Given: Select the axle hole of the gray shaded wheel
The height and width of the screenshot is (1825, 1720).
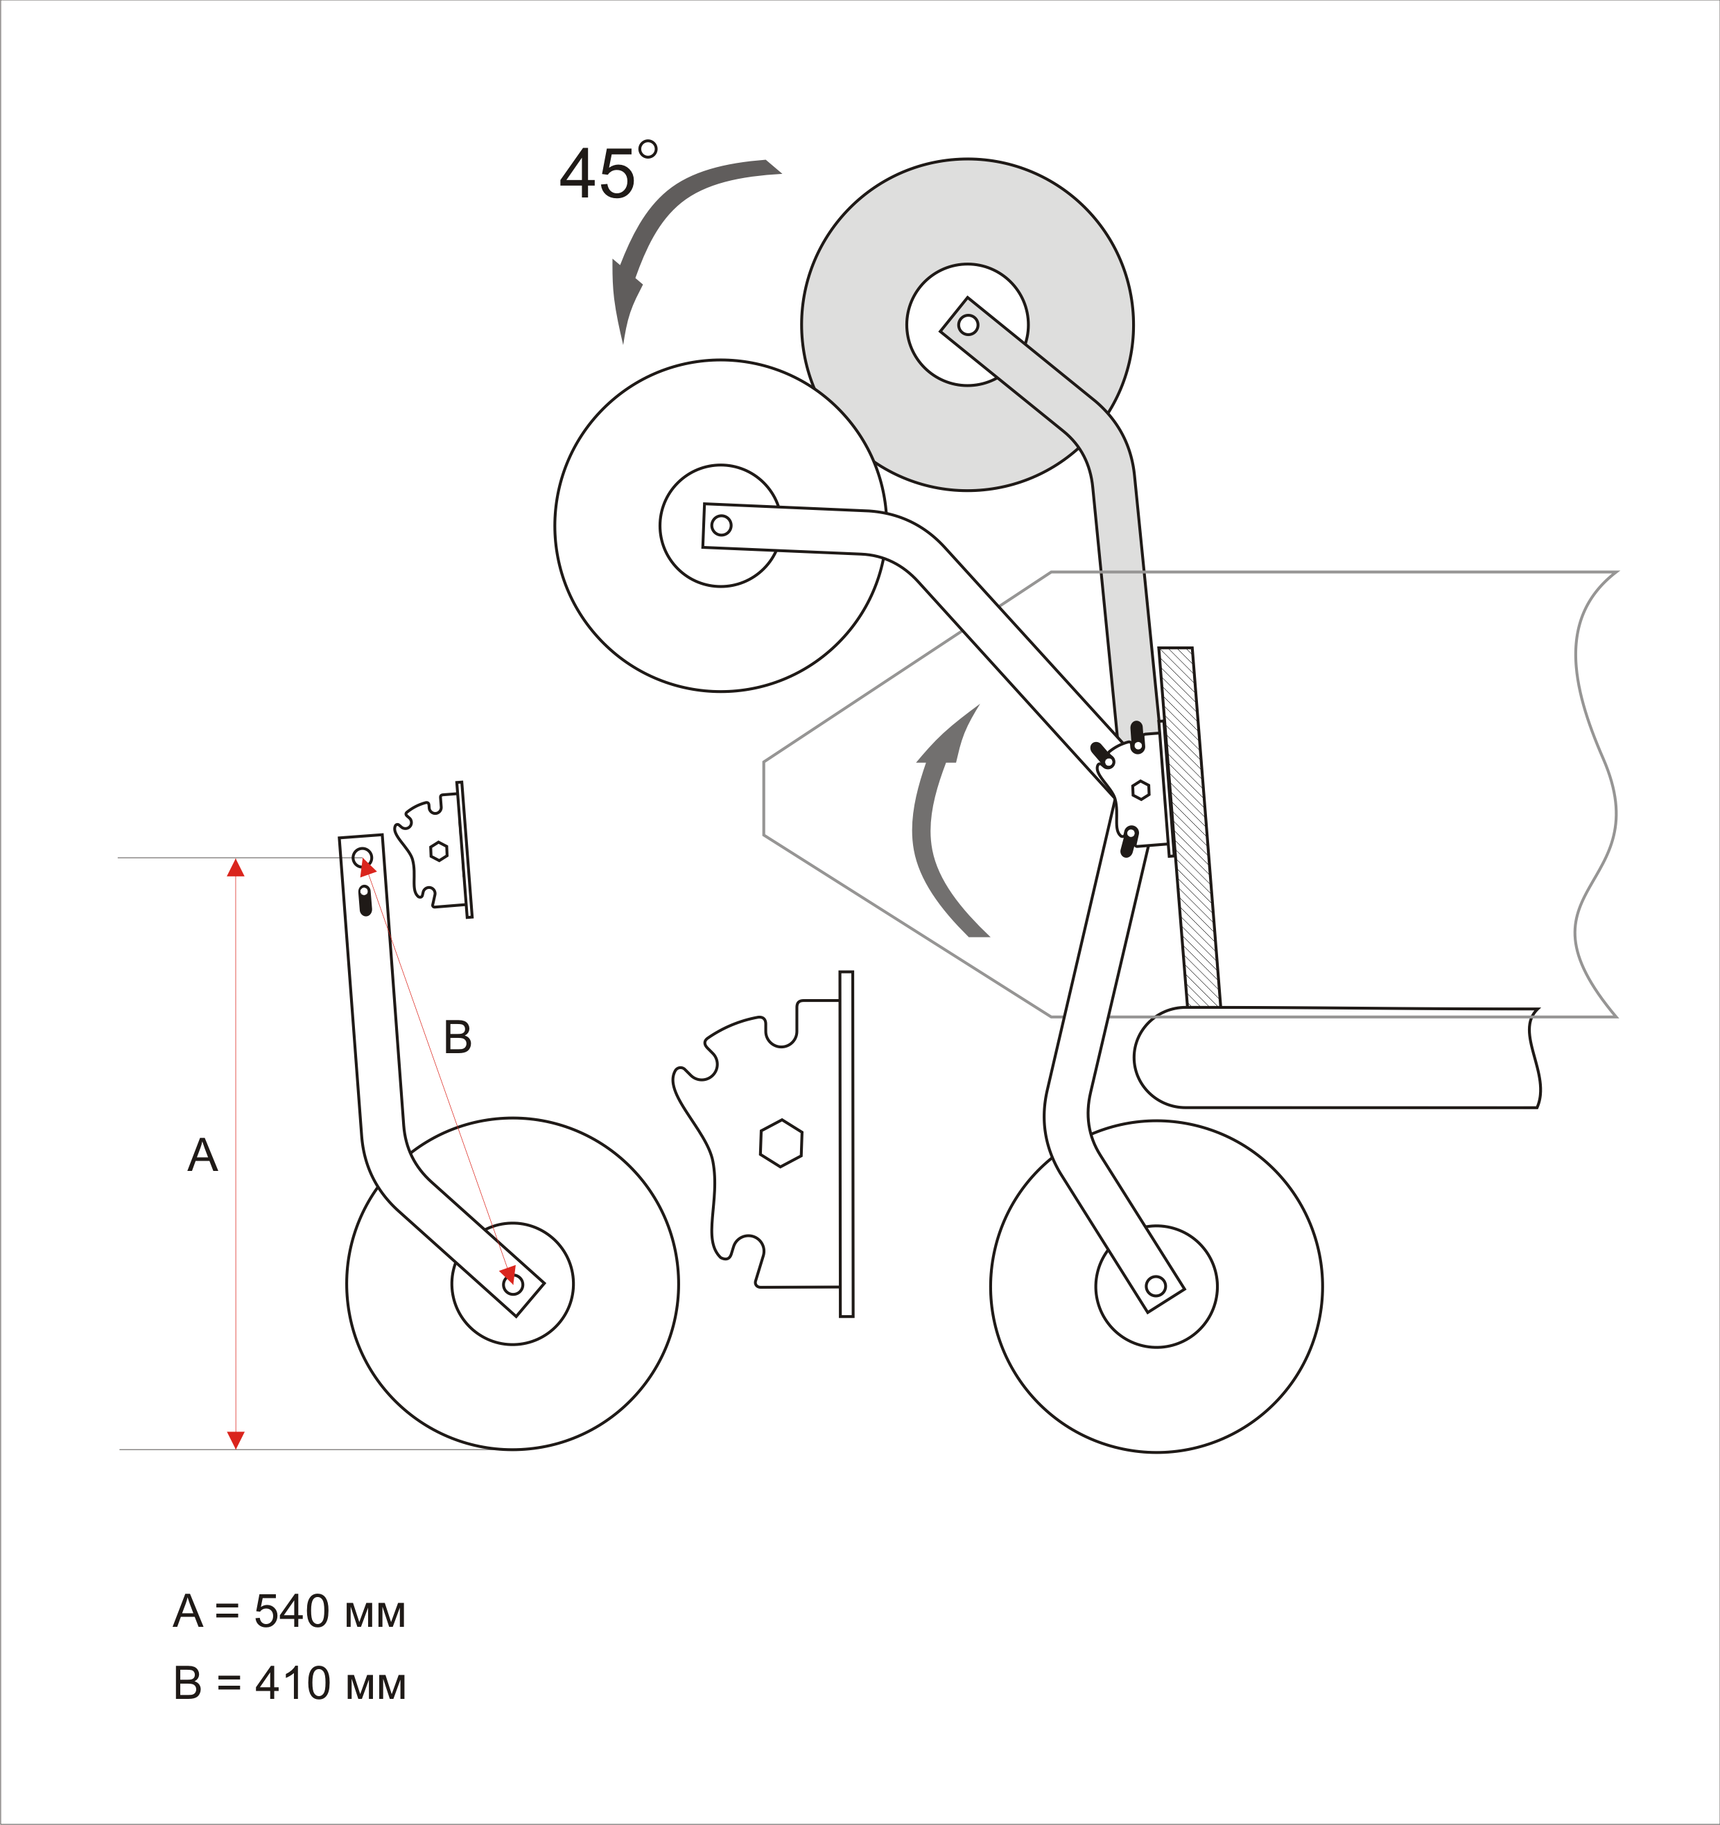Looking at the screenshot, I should coord(968,325).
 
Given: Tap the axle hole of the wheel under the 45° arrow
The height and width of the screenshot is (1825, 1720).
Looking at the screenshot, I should coord(721,525).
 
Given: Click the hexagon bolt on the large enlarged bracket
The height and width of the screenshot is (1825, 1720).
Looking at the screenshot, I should coord(781,1143).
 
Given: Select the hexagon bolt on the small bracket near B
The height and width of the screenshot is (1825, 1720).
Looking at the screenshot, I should coord(439,851).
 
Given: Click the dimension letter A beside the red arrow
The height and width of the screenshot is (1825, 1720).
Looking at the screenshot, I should coord(202,1155).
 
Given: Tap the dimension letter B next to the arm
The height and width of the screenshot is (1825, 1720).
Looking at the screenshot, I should coord(458,1037).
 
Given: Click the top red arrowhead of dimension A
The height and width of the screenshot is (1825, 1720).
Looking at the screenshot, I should coord(236,867).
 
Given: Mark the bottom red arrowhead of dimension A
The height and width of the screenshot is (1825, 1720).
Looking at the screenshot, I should coord(236,1440).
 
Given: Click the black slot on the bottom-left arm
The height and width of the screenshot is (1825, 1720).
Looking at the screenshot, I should coord(365,901).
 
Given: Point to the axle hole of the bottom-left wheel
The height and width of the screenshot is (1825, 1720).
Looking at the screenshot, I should coord(513,1283).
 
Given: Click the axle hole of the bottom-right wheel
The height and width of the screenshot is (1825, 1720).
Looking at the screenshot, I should coord(1156,1286).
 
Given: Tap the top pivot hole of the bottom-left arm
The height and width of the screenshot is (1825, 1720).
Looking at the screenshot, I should coord(362,858).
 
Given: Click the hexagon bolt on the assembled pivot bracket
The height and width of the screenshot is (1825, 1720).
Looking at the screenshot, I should coord(1140,789).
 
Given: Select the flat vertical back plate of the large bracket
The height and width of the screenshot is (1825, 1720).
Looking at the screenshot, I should coord(846,1144).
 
